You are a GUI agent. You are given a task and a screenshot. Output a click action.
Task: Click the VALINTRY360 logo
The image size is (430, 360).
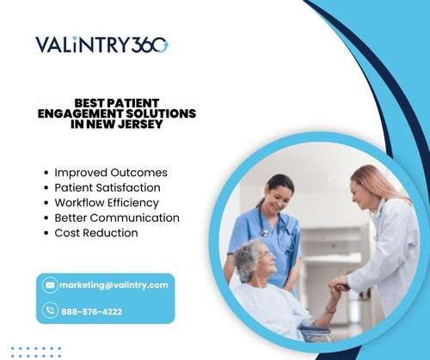102,45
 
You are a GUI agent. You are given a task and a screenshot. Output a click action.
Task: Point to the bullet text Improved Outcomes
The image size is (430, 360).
111,172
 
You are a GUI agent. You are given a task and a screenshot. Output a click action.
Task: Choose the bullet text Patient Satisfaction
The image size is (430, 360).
107,187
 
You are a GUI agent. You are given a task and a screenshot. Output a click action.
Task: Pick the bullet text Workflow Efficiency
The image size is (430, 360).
107,203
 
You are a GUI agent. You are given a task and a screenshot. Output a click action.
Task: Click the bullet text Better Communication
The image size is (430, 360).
117,218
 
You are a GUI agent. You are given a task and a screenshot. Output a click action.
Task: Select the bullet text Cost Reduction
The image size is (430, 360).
96,233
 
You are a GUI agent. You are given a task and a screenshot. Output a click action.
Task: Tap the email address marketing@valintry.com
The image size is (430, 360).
114,284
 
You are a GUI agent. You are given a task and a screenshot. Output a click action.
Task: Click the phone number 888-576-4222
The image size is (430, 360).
91,311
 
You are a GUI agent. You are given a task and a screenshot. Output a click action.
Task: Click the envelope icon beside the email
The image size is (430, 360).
50,284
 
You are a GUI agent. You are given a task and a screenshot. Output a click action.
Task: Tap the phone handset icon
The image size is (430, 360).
50,311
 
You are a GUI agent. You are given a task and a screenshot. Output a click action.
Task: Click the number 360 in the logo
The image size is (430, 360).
150,45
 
